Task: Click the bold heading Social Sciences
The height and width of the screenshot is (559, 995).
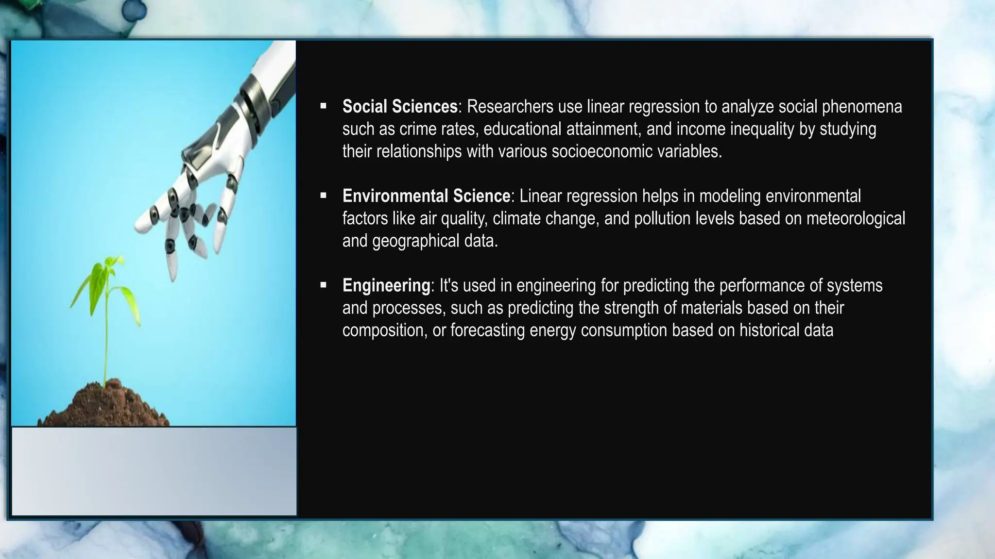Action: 399,106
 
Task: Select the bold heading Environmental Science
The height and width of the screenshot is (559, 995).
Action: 426,196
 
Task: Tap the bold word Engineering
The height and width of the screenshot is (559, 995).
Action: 386,285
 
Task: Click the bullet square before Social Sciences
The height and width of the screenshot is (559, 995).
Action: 324,106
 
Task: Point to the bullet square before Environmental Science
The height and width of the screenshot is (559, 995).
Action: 324,196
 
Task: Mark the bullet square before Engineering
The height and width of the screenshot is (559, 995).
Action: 324,285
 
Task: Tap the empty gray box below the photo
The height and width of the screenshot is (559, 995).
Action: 154,471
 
